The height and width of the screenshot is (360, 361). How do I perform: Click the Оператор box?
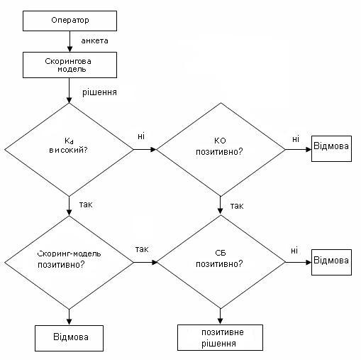tap(70, 21)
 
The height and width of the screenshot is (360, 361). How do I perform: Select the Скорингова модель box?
tap(70, 65)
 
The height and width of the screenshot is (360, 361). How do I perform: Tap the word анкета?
tap(94, 41)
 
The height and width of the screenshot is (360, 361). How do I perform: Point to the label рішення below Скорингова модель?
tap(99, 92)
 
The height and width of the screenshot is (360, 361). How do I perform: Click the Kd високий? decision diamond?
tap(69, 150)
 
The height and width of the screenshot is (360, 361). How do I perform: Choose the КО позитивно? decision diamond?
tap(221, 149)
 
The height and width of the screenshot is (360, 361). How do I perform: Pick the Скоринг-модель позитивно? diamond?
tap(69, 263)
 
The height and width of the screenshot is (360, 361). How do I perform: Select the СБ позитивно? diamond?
tap(221, 262)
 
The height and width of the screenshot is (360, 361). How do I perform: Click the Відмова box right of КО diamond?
tap(331, 148)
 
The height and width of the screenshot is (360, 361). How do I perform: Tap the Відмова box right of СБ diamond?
tap(331, 262)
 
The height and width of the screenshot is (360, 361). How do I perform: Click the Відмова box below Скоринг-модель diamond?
tap(69, 338)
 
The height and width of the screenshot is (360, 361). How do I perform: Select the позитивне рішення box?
tap(220, 337)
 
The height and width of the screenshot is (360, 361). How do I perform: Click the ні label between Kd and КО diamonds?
tap(141, 136)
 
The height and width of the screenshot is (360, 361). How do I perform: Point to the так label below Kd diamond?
tap(86, 204)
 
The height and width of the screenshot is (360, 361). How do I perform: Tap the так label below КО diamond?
tap(237, 206)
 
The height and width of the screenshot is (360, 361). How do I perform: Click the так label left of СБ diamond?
tap(142, 249)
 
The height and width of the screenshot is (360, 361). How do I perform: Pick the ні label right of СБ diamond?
tap(294, 251)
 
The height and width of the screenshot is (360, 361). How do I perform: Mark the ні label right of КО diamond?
tap(296, 139)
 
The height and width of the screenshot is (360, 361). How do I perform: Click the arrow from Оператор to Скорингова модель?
tap(70, 41)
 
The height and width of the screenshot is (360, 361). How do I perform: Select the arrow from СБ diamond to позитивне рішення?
tap(220, 317)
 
